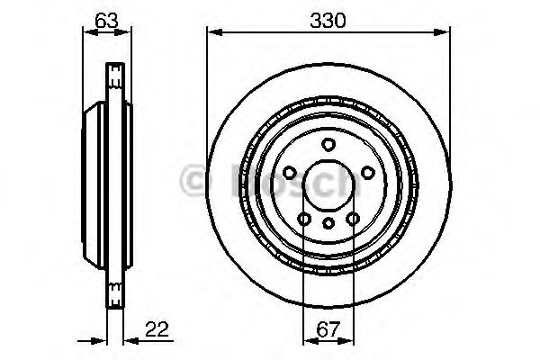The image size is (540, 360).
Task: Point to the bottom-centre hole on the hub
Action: coord(328,222)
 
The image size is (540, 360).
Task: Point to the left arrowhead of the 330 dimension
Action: coord(212,33)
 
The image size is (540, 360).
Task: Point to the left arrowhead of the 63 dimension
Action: coord(86,33)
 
